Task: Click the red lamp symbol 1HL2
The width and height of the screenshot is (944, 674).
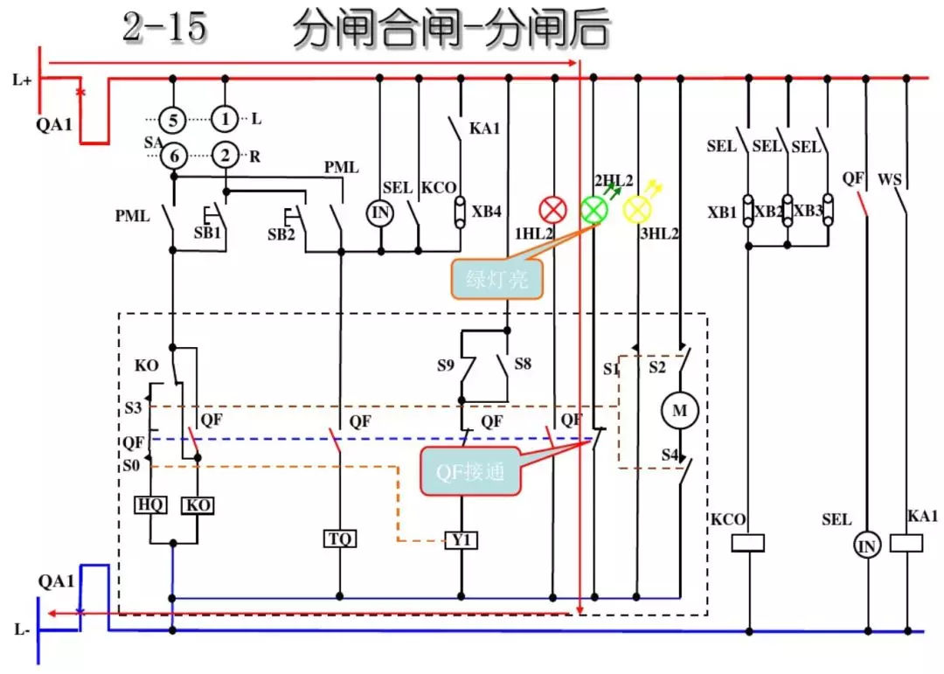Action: coord(552,210)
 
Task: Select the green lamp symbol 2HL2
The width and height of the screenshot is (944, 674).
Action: coord(594,210)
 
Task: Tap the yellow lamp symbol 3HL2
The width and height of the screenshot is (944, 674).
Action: coord(637,210)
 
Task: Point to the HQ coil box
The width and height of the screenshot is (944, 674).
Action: coord(152,505)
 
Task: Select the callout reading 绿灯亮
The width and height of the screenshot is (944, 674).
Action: coord(495,280)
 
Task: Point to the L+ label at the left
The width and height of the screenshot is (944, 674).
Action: coord(22,81)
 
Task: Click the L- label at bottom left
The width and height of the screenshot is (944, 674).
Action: coord(22,629)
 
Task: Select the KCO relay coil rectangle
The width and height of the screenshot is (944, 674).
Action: coord(747,543)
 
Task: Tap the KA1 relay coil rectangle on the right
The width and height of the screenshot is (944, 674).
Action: coord(906,543)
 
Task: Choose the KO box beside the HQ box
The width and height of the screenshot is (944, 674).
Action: coord(196,505)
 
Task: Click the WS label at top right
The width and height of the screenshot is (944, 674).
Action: coord(890,180)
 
